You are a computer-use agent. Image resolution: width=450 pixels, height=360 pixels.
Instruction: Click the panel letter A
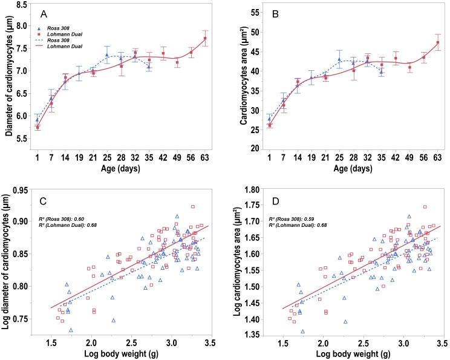pos(45,13)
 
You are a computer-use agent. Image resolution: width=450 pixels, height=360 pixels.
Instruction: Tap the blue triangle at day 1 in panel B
pos(269,119)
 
